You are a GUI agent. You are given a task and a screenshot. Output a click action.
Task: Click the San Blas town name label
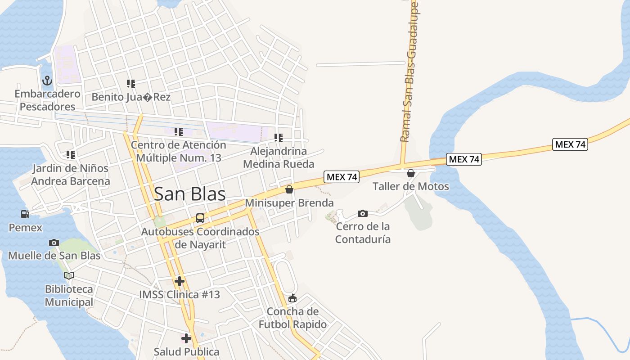189,194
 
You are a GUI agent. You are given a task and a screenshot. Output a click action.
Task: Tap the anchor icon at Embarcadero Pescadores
47,81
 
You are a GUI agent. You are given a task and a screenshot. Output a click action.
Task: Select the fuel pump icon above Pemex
25,215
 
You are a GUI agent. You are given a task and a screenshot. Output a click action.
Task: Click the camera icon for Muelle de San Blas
54,243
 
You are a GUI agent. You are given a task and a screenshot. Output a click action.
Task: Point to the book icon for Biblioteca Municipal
68,275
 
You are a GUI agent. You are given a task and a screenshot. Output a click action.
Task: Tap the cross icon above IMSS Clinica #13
180,282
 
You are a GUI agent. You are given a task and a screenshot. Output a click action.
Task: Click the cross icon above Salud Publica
186,338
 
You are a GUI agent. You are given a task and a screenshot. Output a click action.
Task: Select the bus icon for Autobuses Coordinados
200,219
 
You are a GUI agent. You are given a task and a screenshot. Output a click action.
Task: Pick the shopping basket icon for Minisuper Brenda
289,189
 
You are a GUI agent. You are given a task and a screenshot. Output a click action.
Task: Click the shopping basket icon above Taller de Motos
411,173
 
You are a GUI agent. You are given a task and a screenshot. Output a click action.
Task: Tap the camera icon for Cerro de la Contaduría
363,213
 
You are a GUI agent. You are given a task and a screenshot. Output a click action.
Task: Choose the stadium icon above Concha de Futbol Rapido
292,298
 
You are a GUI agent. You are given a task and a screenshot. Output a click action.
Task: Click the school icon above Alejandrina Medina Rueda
279,138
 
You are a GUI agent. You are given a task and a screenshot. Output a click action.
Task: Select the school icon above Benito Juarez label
131,84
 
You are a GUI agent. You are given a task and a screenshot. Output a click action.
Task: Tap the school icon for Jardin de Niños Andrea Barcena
71,155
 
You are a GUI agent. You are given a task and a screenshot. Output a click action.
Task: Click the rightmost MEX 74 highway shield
570,144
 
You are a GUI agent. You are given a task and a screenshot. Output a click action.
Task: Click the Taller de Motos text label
410,186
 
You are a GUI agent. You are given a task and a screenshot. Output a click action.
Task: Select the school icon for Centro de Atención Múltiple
179,132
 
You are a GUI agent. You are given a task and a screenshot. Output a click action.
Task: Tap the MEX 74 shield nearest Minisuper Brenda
342,177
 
